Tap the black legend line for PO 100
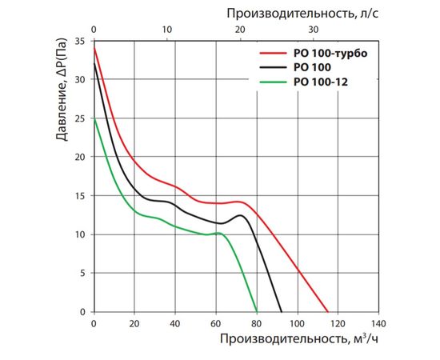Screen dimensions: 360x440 [270, 68]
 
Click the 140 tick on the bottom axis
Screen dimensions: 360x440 [378, 324]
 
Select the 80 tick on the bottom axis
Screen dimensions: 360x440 [256, 324]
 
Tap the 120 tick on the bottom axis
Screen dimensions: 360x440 [338, 324]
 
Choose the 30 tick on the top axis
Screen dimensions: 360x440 [314, 30]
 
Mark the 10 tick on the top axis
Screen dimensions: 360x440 [166, 30]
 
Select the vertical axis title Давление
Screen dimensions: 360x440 [63, 93]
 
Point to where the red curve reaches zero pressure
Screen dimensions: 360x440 [328, 312]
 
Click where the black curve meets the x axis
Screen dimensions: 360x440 [282, 312]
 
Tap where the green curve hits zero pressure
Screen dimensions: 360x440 [257, 312]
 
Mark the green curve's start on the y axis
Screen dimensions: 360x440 [94, 118]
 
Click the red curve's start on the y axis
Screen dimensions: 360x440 [94, 48]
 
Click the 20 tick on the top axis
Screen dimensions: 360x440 [240, 30]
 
